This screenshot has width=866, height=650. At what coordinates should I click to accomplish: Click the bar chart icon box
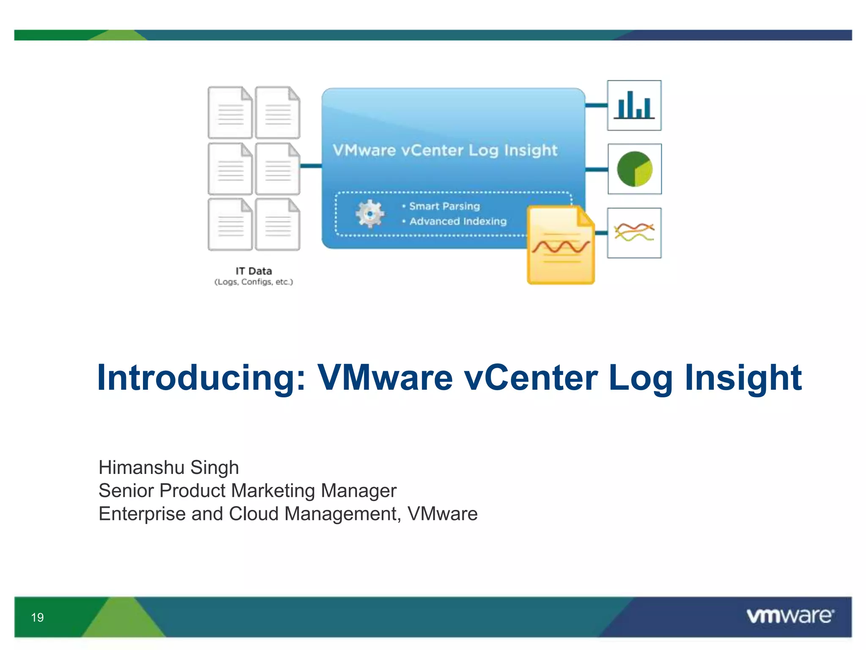634,105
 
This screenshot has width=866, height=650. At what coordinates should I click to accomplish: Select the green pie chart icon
634,169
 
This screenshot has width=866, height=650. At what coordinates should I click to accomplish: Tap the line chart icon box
634,233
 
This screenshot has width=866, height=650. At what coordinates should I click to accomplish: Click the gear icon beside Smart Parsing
370,214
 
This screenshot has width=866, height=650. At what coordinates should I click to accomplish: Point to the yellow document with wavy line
561,245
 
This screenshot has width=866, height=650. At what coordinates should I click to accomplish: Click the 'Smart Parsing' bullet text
444,206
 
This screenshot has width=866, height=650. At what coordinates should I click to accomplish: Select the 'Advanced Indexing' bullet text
458,221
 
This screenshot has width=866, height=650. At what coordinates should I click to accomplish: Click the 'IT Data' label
254,271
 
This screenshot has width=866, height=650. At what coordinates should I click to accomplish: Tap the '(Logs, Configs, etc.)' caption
254,282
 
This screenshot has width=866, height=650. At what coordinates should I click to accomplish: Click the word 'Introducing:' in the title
201,377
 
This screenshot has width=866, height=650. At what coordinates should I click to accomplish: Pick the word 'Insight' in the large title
743,377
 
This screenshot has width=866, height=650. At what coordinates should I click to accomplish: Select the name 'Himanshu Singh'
169,468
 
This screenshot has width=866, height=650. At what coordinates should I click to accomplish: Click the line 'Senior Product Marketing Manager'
247,491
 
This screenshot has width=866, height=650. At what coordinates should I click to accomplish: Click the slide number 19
37,617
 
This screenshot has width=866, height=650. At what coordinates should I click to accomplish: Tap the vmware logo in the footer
790,616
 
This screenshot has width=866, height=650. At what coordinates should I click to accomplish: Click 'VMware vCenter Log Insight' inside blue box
445,150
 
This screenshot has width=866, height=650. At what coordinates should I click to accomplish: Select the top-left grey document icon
230,113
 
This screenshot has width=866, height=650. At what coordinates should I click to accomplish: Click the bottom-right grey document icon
278,224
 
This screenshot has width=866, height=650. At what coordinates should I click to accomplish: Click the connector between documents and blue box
311,166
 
